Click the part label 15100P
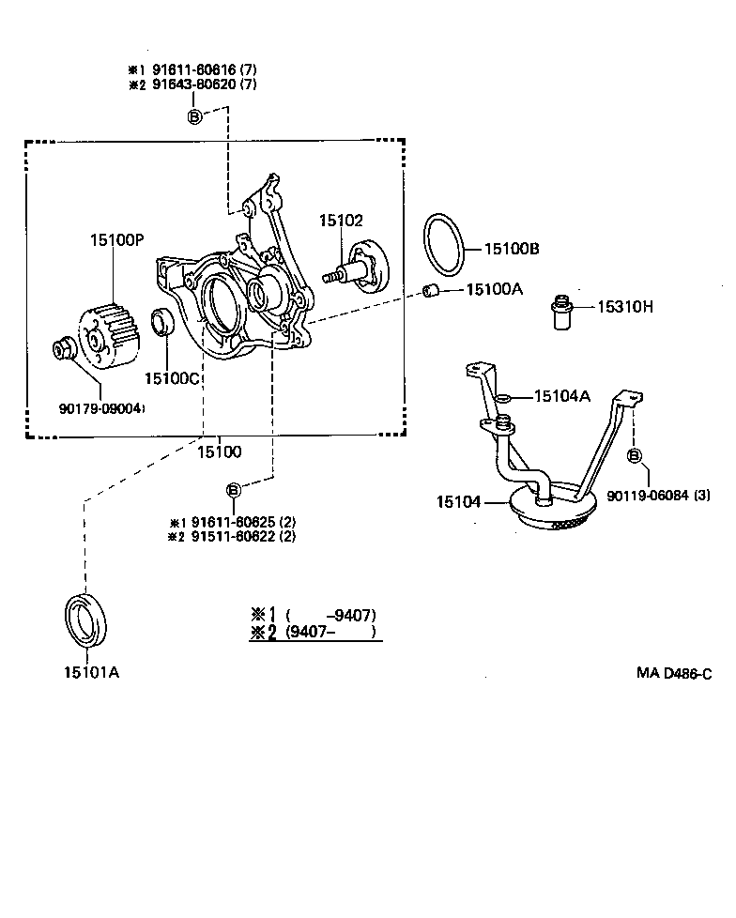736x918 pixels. pyautogui.click(x=117, y=239)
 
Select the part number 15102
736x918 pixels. pyautogui.click(x=340, y=221)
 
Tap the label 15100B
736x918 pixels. pyautogui.click(x=512, y=250)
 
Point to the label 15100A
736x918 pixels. pyautogui.click(x=494, y=290)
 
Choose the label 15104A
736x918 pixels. pyautogui.click(x=561, y=396)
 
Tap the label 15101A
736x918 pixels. pyautogui.click(x=91, y=672)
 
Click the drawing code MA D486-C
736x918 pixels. pyautogui.click(x=673, y=673)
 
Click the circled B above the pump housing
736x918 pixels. pyautogui.click(x=194, y=116)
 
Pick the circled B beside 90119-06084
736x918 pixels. pyautogui.click(x=634, y=455)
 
